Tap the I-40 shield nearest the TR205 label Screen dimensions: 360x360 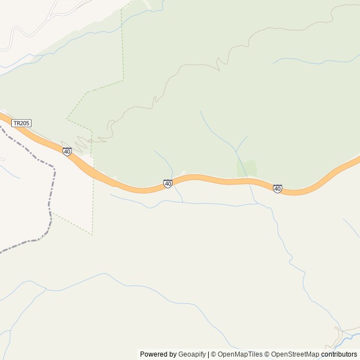tap(67, 152)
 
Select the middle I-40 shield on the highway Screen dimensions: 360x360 tap(168, 183)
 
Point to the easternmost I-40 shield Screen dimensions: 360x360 tap(277, 188)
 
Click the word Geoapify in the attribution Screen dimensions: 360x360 tap(192, 354)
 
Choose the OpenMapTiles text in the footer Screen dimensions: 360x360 tap(240, 354)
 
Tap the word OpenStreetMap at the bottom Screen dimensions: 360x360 tap(295, 354)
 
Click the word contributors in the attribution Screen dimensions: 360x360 tap(339, 354)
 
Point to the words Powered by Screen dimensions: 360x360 tap(158, 354)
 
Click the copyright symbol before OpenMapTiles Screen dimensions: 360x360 tap(213, 354)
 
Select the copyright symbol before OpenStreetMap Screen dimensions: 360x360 tap(267, 354)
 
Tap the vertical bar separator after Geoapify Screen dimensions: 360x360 tap(208, 354)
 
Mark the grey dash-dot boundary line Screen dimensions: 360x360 tap(52, 191)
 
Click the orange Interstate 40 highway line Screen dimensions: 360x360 tap(225, 181)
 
